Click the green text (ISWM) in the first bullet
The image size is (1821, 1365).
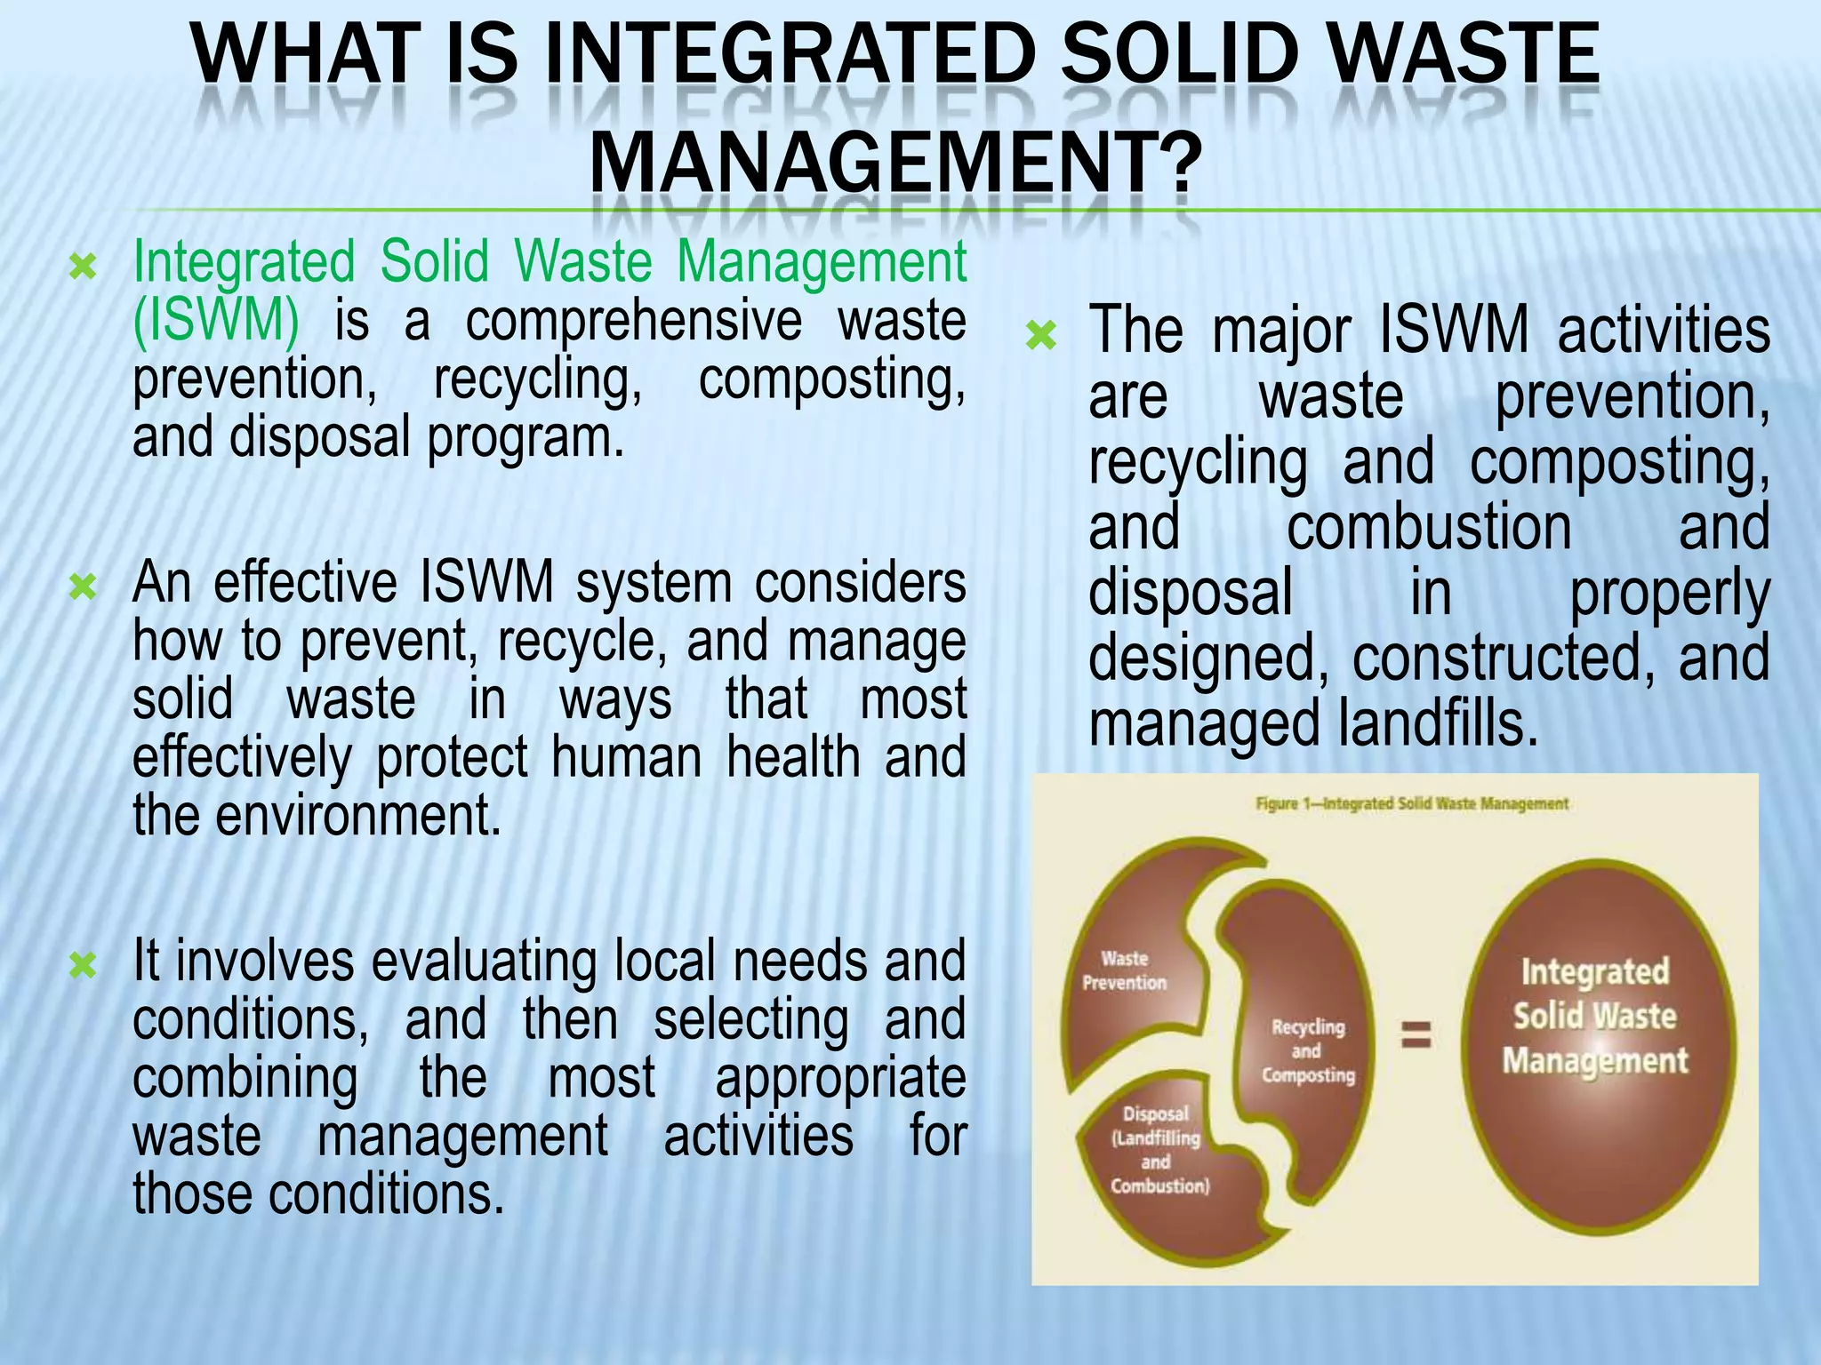click(x=216, y=320)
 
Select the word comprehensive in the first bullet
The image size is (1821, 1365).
click(x=633, y=320)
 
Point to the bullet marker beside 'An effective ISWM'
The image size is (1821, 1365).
click(x=83, y=587)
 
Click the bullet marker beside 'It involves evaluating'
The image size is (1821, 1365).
click(x=83, y=965)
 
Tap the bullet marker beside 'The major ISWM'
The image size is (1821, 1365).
click(x=1041, y=336)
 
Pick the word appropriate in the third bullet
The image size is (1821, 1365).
click(x=840, y=1077)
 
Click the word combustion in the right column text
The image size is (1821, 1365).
click(x=1429, y=527)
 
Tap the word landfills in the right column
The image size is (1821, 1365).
click(x=1438, y=724)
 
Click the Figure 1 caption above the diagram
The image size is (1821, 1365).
click(x=1412, y=803)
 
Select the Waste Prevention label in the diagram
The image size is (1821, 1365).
click(x=1125, y=970)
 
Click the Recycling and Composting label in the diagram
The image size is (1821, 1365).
click(x=1308, y=1051)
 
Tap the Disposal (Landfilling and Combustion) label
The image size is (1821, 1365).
click(x=1159, y=1149)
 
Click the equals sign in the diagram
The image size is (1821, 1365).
click(x=1416, y=1034)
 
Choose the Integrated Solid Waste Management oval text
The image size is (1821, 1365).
click(x=1595, y=1016)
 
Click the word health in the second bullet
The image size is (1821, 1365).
click(x=794, y=757)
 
